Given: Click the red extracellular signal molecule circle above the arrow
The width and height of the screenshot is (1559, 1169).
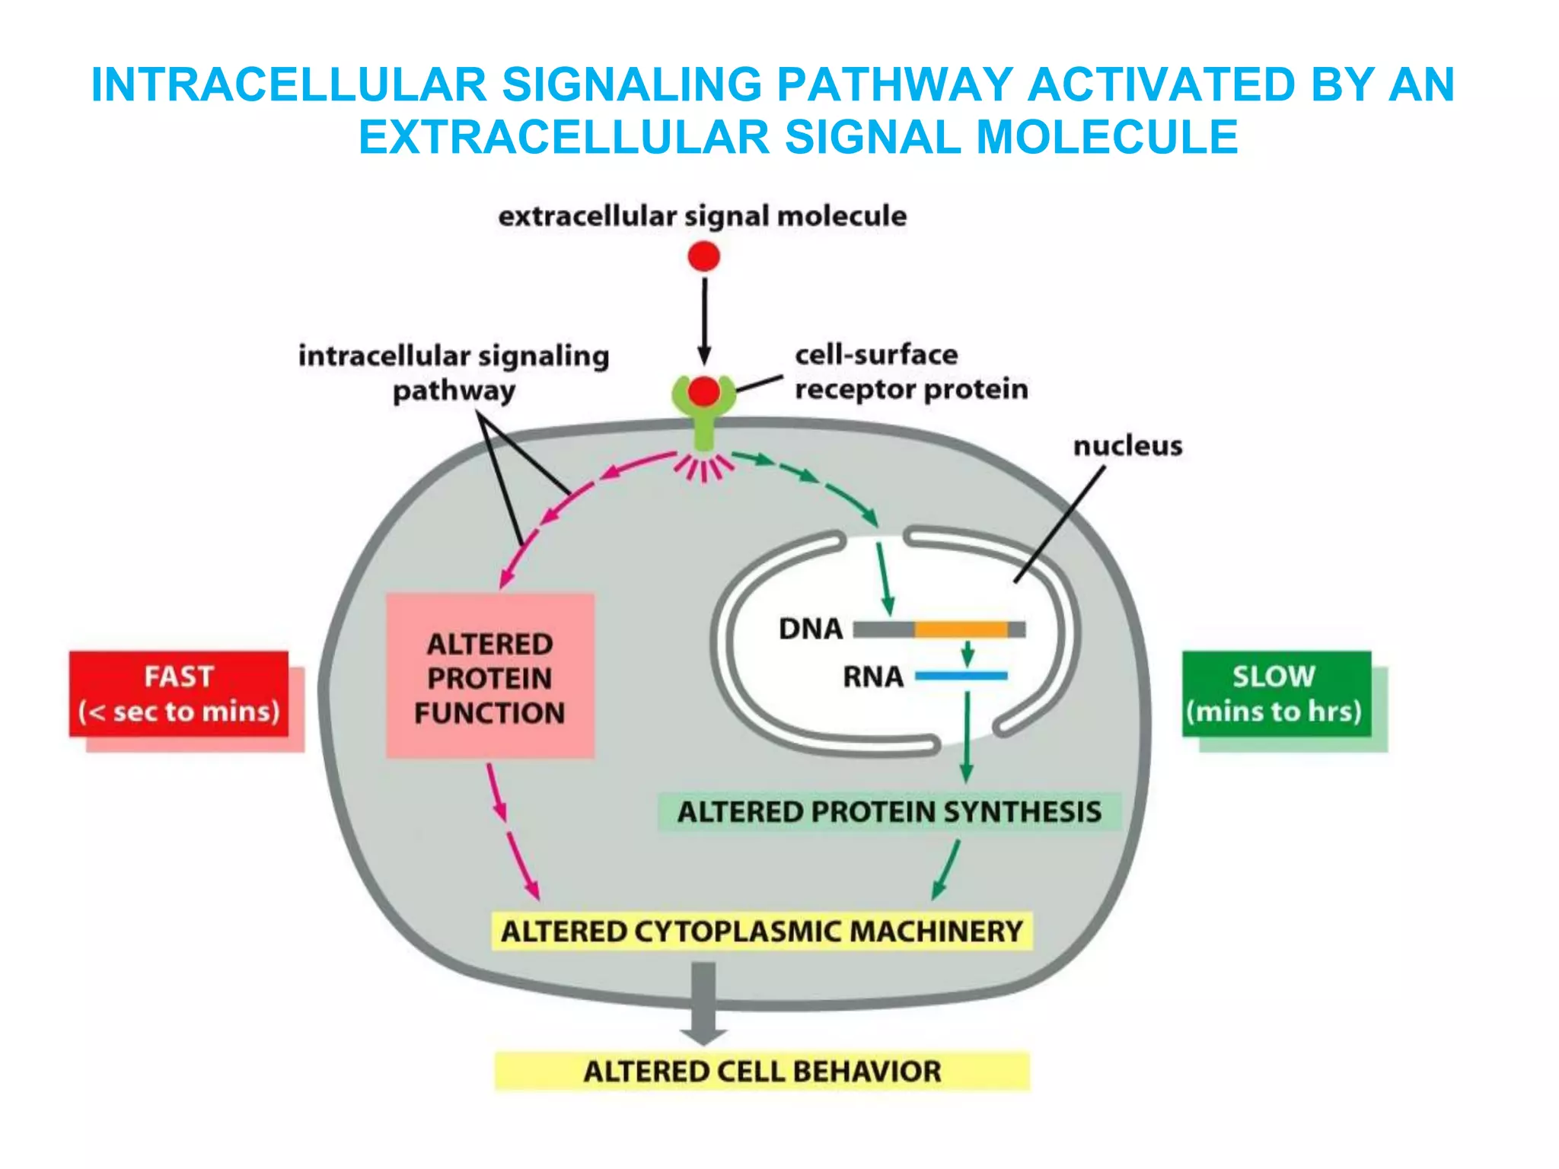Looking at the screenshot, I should tap(703, 256).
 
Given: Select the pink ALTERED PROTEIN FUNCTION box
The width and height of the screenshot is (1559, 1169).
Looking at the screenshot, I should tap(489, 677).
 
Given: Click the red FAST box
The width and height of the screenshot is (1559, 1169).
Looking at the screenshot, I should tap(179, 693).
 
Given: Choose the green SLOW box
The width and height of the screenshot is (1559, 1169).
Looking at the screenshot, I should tap(1276, 693).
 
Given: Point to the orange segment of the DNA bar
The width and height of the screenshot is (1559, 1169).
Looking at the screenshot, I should tap(961, 629).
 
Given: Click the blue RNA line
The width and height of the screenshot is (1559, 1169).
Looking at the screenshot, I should tap(961, 675).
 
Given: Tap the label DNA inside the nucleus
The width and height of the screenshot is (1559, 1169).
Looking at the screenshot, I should tap(811, 629).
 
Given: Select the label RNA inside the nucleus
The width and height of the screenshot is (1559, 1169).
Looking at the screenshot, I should tap(872, 677).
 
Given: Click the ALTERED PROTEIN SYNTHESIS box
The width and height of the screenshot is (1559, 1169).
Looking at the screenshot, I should tap(888, 812).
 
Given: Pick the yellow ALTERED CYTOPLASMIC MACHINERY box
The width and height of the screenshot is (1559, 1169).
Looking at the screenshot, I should tap(762, 932).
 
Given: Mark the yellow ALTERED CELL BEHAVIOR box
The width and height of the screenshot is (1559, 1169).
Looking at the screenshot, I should tap(762, 1072).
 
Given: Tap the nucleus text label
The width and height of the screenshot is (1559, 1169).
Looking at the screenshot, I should tap(1127, 446).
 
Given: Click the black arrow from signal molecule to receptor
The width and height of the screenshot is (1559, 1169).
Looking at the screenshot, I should tap(704, 320).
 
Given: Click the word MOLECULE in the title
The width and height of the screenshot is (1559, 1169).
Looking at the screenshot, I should tap(1107, 137).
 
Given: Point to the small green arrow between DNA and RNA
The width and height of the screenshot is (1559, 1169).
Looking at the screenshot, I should tap(968, 653).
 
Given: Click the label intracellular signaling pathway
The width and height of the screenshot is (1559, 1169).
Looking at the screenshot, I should tap(454, 373).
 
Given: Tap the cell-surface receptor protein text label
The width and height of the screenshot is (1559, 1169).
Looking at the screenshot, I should tap(910, 372).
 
